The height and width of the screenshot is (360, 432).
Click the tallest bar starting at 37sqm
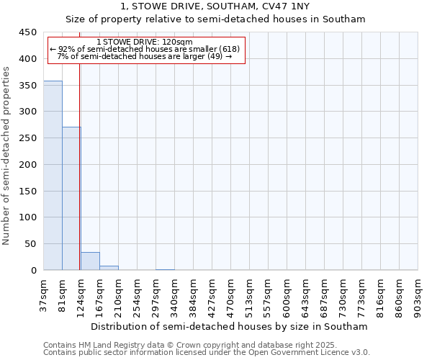[x=53, y=176]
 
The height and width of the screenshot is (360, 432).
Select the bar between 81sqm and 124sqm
[x=71, y=199]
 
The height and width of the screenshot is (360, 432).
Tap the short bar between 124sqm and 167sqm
[x=90, y=261]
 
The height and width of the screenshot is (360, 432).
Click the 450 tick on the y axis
[x=28, y=32]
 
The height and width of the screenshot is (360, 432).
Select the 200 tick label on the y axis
[x=28, y=165]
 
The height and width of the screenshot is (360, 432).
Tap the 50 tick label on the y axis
[x=31, y=245]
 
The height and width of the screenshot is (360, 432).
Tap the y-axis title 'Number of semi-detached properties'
[x=6, y=156]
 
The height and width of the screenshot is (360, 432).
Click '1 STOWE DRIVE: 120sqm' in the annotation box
[x=144, y=42]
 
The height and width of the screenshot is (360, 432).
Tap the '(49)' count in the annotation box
[x=215, y=56]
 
